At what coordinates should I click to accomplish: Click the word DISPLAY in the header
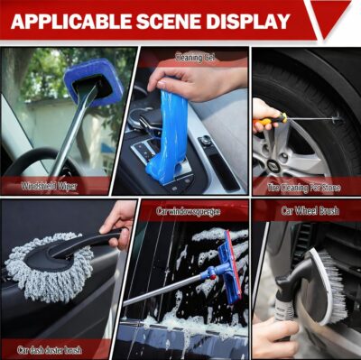[x=251, y=21]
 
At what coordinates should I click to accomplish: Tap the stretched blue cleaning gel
[x=167, y=135]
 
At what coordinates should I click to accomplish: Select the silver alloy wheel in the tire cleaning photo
[x=289, y=153]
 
